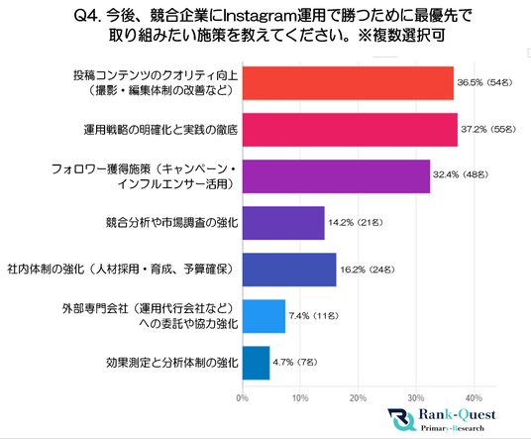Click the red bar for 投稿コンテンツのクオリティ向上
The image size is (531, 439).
coord(348,83)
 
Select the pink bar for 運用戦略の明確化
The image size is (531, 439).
coord(350,130)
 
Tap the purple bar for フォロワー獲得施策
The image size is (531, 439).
coord(336,176)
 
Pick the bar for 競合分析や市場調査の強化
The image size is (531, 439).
coord(283,223)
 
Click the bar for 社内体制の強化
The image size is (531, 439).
coord(289,270)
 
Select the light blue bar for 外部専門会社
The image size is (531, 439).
coord(265,316)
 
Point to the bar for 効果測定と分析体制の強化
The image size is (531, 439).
coord(257,363)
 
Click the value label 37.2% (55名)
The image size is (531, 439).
coord(488,129)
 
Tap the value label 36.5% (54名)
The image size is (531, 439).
coord(484,82)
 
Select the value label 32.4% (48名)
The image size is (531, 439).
coord(461,174)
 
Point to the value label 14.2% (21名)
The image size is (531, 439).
coord(356,222)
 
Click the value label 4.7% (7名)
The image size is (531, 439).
coord(295,362)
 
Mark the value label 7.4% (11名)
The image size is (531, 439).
coord(314,316)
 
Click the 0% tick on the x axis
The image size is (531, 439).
coord(243,397)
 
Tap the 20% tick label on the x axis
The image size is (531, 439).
coord(359,397)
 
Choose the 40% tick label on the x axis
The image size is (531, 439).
coord(475,397)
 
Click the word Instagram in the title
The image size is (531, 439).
coord(261,16)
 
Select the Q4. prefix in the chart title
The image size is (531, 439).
coord(87,16)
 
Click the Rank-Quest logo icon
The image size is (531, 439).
coord(402,420)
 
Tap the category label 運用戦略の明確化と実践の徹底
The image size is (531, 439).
coord(160,130)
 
